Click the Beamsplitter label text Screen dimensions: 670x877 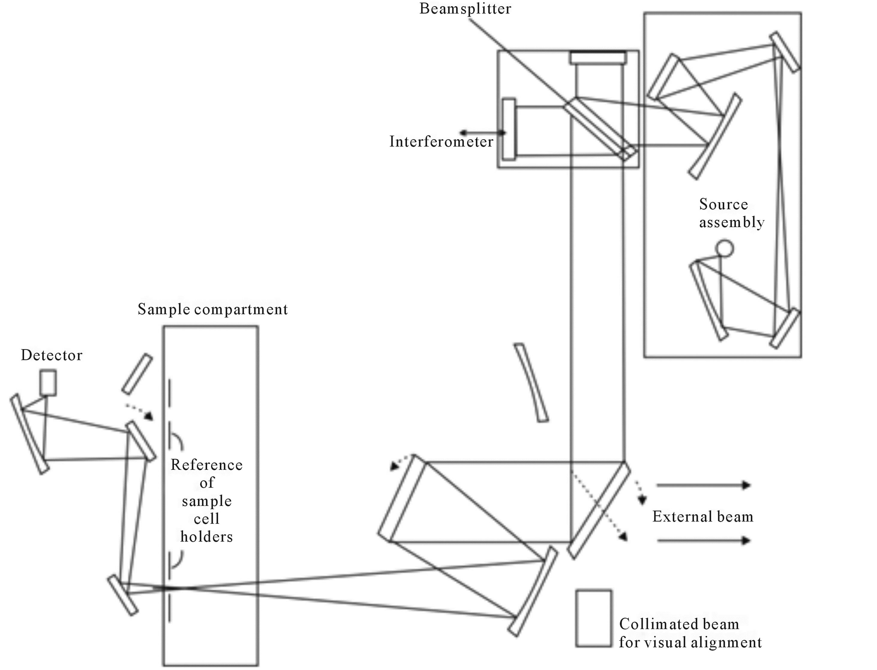pos(465,9)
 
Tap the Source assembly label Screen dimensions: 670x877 pos(731,213)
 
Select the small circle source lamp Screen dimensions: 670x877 pos(724,248)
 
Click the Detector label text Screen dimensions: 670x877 pos(52,355)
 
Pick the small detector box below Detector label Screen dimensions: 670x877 pos(48,383)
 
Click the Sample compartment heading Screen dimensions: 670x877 pos(212,309)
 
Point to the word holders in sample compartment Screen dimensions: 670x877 pos(206,537)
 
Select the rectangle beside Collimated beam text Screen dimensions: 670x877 pos(593,618)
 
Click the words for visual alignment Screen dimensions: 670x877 pos(690,642)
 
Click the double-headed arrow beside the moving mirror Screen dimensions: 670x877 pos(483,133)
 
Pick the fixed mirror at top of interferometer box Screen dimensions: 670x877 pos(598,58)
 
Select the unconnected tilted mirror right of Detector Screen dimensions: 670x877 pos(137,374)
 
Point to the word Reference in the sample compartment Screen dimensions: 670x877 pos(206,465)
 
